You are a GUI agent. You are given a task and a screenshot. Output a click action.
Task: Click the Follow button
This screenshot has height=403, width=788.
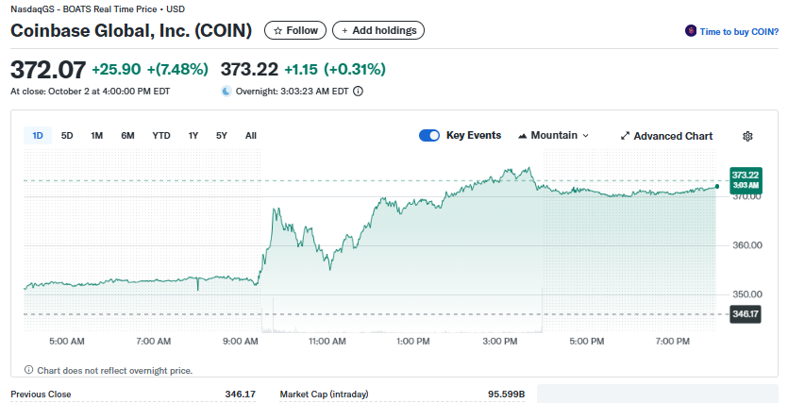tap(295, 30)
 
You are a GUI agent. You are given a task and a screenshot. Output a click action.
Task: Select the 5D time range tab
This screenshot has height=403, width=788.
tap(67, 136)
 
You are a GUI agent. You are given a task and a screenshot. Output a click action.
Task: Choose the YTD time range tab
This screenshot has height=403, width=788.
tap(161, 136)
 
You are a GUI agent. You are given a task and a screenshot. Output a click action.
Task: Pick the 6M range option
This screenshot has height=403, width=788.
tap(127, 136)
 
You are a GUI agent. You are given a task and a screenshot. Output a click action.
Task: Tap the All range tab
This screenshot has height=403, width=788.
tap(251, 136)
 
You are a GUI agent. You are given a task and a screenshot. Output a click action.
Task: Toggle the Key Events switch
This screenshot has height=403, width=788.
tap(429, 136)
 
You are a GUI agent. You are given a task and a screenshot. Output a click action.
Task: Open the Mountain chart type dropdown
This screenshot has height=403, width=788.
tap(554, 136)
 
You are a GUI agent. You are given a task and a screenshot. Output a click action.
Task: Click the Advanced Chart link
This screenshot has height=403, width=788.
tap(666, 136)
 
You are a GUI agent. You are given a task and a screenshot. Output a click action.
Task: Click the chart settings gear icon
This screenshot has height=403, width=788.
tap(747, 136)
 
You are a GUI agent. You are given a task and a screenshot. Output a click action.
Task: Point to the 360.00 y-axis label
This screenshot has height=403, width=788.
tap(746, 245)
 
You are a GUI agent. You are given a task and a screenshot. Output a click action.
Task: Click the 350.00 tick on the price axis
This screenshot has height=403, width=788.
tap(746, 294)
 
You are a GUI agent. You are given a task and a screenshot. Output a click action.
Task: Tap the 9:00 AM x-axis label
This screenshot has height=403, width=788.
tap(241, 341)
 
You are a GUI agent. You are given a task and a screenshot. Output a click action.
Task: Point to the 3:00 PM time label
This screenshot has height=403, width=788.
tap(499, 341)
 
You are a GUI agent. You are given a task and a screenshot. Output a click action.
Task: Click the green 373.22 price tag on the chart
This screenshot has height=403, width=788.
tap(746, 179)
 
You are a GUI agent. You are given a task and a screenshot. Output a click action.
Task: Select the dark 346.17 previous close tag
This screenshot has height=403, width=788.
tap(746, 313)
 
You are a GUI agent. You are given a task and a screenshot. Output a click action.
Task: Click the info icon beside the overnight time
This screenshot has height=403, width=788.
tap(359, 92)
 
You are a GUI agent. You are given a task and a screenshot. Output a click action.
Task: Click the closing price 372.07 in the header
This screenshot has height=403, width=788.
tap(48, 69)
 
